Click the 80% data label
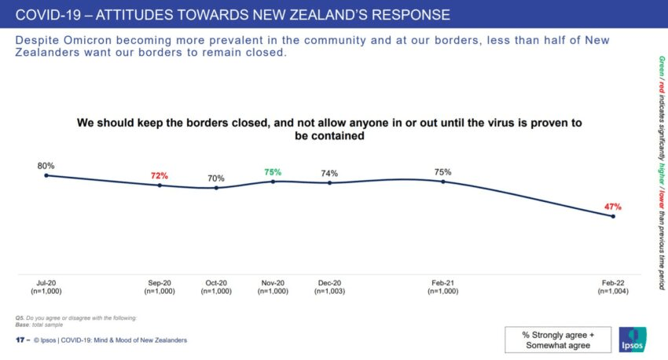(46, 166)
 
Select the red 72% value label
(160, 175)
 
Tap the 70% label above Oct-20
(216, 178)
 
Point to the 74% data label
(329, 173)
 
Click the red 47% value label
(613, 207)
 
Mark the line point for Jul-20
(46, 175)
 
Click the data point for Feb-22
(613, 216)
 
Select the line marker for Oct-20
(216, 188)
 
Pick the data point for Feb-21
(443, 182)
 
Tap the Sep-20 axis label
(160, 283)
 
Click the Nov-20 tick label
(273, 283)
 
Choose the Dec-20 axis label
(329, 283)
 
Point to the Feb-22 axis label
(613, 283)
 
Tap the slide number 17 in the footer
(20, 340)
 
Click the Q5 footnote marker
(20, 317)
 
